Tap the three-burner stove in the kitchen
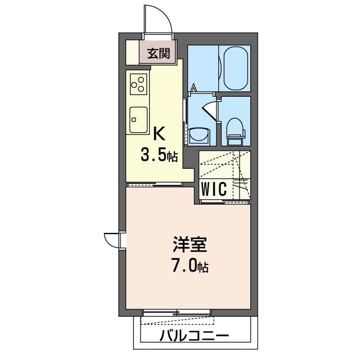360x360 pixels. pos(138,84)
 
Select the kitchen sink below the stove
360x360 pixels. pos(138,119)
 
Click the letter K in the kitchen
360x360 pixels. pos(159,134)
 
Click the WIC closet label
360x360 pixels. pos(214,190)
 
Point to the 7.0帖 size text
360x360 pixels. pos(190,266)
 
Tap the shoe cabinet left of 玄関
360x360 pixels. pos(131,52)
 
